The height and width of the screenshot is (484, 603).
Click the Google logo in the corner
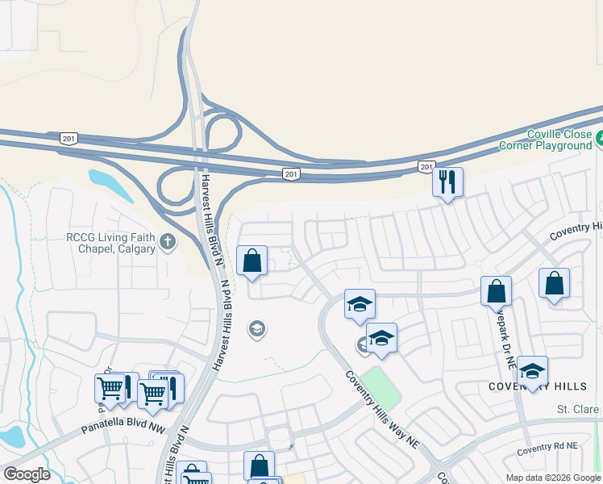(x=27, y=474)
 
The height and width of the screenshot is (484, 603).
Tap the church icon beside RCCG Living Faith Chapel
(x=167, y=241)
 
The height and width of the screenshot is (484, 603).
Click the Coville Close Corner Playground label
(x=557, y=140)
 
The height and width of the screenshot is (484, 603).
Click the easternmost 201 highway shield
(x=426, y=166)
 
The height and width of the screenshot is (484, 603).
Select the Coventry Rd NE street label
(x=547, y=446)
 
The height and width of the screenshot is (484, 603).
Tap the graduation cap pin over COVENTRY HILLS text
(x=532, y=370)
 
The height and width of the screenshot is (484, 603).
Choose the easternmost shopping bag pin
(x=554, y=283)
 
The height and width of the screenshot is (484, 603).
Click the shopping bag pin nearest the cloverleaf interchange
(x=252, y=261)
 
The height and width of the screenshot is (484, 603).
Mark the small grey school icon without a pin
(x=257, y=328)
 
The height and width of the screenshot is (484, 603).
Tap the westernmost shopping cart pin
(x=110, y=388)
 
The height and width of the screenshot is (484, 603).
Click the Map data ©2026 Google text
(x=553, y=478)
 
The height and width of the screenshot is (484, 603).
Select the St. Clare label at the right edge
(x=580, y=410)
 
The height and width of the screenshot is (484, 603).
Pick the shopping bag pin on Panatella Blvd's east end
(x=259, y=465)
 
